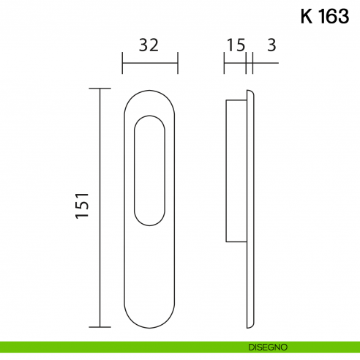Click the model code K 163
pos(324,16)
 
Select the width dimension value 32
pos(149,45)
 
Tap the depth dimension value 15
pos(235,45)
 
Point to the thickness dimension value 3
pos(271,45)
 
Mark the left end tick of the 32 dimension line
pos(122,63)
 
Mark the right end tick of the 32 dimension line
pos(178,63)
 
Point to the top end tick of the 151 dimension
pos(99,89)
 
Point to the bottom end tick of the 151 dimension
pos(99,326)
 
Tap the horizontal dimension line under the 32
pos(150,63)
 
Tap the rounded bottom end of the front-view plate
pos(150,318)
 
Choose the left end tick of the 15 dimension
pos(225,63)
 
